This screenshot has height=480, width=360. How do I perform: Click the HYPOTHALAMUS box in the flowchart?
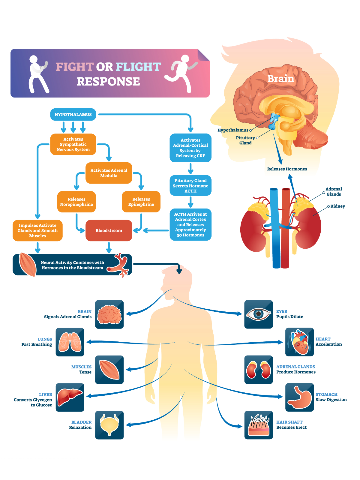tap(73, 115)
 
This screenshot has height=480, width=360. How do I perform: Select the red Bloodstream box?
tap(109, 230)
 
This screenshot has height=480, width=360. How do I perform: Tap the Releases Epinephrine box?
tap(141, 202)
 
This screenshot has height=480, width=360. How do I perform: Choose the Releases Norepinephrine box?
tap(76, 202)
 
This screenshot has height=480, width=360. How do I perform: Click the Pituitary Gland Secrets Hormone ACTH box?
tap(190, 186)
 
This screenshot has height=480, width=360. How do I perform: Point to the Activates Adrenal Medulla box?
tap(109, 173)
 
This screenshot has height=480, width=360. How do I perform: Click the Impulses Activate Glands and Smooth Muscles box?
tap(37, 230)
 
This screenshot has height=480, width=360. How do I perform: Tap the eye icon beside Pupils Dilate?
tap(258, 314)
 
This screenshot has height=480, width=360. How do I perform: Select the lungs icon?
tap(70, 342)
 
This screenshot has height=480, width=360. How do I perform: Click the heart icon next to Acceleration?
tap(299, 342)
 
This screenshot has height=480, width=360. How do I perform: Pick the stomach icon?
tap(299, 397)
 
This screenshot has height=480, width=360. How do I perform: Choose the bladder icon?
tap(109, 425)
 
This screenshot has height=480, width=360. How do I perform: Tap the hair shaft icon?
tap(258, 425)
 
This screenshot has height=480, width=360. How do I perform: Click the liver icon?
tap(70, 397)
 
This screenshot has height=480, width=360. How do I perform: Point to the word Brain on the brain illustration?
tap(281, 79)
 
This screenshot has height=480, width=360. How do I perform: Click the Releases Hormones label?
tap(287, 169)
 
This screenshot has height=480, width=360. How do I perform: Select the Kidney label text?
tap(337, 206)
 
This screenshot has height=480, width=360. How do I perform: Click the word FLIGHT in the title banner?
tap(138, 67)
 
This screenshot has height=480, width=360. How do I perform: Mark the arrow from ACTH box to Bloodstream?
tap(156, 230)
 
